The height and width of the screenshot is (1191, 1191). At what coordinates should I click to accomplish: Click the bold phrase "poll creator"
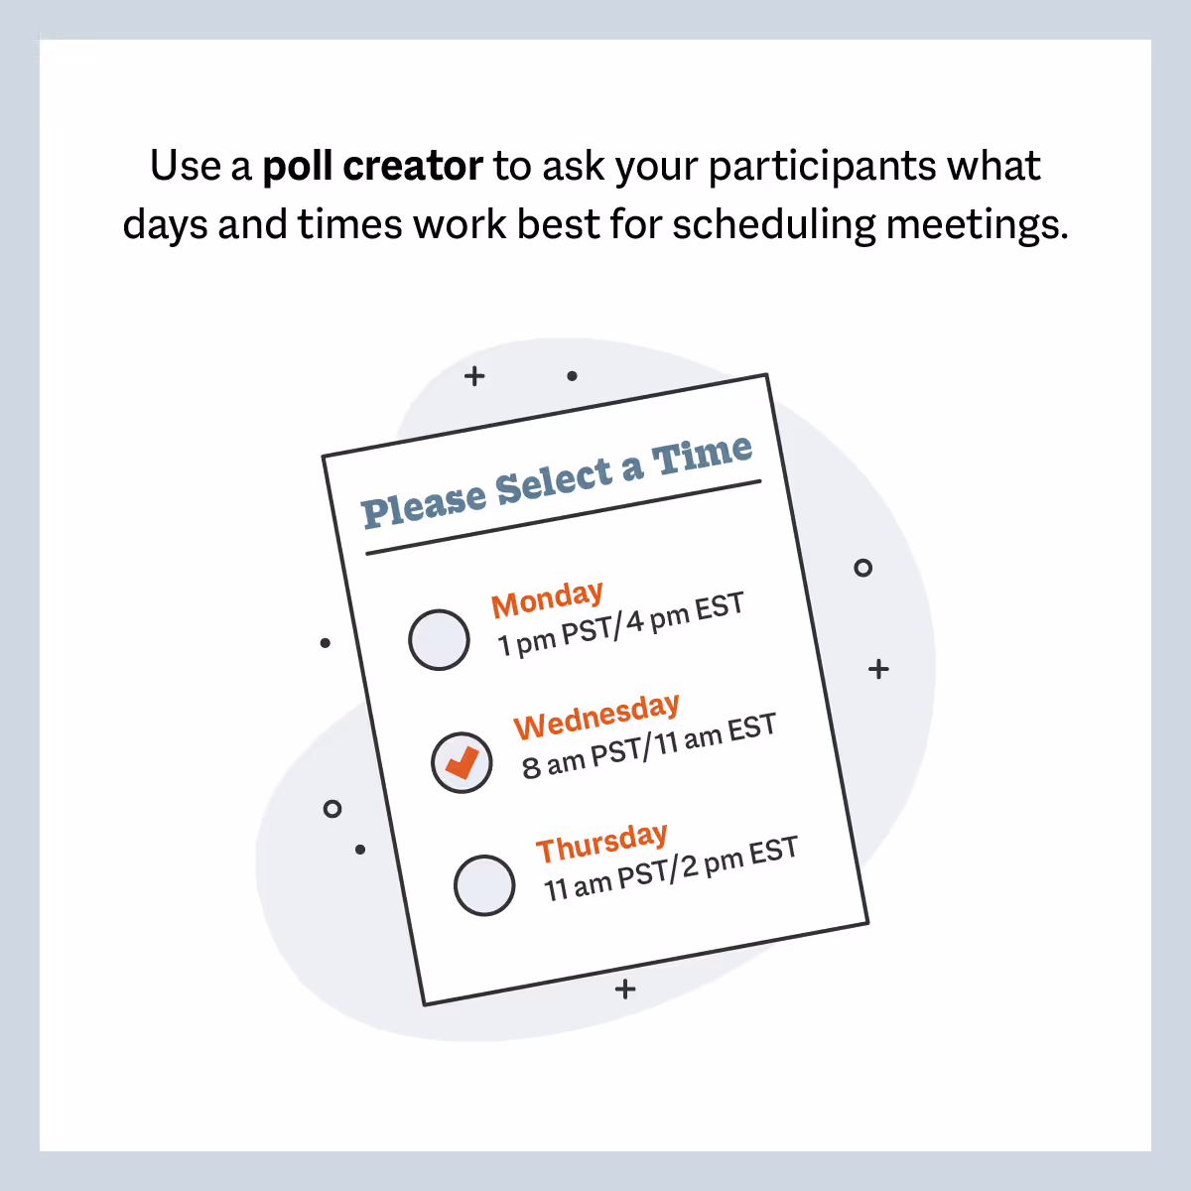372,167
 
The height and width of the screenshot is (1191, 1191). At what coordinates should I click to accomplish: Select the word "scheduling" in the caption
774,224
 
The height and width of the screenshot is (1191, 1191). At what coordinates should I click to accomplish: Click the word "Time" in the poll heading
702,457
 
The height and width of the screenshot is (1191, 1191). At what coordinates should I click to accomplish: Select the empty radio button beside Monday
439,640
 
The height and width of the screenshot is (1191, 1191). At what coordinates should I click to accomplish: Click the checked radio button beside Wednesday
462,762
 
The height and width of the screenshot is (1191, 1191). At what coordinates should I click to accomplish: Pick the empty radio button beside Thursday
484,884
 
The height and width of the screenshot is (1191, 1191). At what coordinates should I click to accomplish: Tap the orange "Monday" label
547,599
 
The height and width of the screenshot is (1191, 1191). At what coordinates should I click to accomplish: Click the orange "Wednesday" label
596,717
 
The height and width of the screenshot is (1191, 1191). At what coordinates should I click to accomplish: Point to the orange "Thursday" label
601,844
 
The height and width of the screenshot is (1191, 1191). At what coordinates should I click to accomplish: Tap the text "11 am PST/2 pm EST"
671,869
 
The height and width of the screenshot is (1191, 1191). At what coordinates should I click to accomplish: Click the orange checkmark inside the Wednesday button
462,762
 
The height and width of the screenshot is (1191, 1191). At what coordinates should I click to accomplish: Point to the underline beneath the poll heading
563,517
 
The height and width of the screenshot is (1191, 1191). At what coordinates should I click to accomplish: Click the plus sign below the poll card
625,990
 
